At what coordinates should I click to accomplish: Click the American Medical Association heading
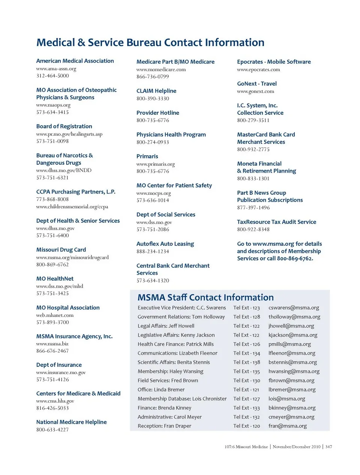(x=75, y=61)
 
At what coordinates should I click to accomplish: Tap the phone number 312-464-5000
(x=52, y=76)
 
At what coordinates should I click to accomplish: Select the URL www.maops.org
(x=53, y=105)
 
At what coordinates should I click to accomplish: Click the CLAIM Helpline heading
(x=156, y=91)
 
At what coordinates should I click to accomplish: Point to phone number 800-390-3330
(x=153, y=98)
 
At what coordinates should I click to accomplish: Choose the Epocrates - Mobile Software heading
(x=274, y=62)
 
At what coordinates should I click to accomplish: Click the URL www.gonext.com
(x=255, y=91)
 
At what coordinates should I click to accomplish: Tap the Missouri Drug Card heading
(x=61, y=250)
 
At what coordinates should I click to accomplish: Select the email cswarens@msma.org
(x=294, y=308)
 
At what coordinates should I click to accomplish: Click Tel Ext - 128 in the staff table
(x=246, y=317)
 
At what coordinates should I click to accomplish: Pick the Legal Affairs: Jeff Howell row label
(x=166, y=326)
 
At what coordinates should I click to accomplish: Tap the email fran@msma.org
(x=287, y=426)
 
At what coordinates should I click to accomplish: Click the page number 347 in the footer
(x=328, y=446)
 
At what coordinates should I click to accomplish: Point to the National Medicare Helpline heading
(x=71, y=422)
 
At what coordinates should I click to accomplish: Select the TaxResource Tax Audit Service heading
(x=276, y=222)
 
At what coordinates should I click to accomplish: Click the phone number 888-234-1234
(x=153, y=251)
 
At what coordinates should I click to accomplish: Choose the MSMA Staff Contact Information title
(x=205, y=298)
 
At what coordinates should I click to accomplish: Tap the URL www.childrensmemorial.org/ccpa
(x=72, y=207)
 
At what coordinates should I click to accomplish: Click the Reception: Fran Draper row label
(x=164, y=426)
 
